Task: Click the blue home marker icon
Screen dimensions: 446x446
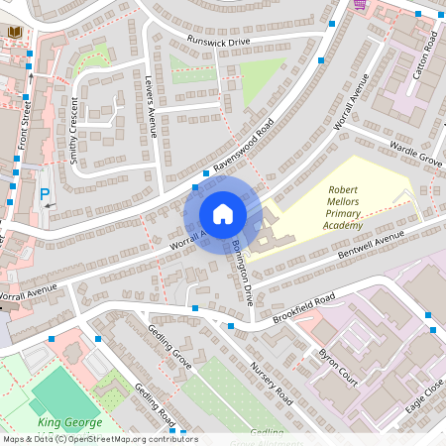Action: (223, 214)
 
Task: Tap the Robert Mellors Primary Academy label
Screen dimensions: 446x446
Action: (356, 207)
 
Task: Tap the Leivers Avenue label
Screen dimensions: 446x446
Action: (152, 108)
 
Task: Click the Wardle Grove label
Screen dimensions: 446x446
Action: (415, 150)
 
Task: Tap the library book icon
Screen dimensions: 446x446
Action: (15, 33)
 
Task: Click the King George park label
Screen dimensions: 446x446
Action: (71, 422)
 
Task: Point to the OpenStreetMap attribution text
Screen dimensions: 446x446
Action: (99, 439)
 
